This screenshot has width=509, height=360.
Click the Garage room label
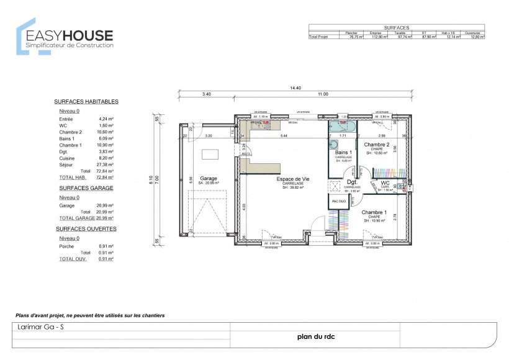point(209,178)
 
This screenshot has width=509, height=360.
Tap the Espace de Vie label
point(293,178)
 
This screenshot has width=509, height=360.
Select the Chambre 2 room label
point(377,145)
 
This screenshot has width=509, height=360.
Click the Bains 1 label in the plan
point(343,152)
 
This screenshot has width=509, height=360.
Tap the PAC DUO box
point(339,202)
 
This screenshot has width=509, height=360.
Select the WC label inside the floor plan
point(385,183)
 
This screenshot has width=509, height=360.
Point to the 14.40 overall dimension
point(295,88)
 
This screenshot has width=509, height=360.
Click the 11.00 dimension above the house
point(323,94)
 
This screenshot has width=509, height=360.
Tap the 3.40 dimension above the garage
point(206,94)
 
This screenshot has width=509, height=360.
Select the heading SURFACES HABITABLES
point(86,101)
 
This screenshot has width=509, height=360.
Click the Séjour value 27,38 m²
point(106,165)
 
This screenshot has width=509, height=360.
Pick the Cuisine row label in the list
point(66,158)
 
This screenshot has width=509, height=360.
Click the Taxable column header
point(400,33)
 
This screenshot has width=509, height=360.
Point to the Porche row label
point(67,246)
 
